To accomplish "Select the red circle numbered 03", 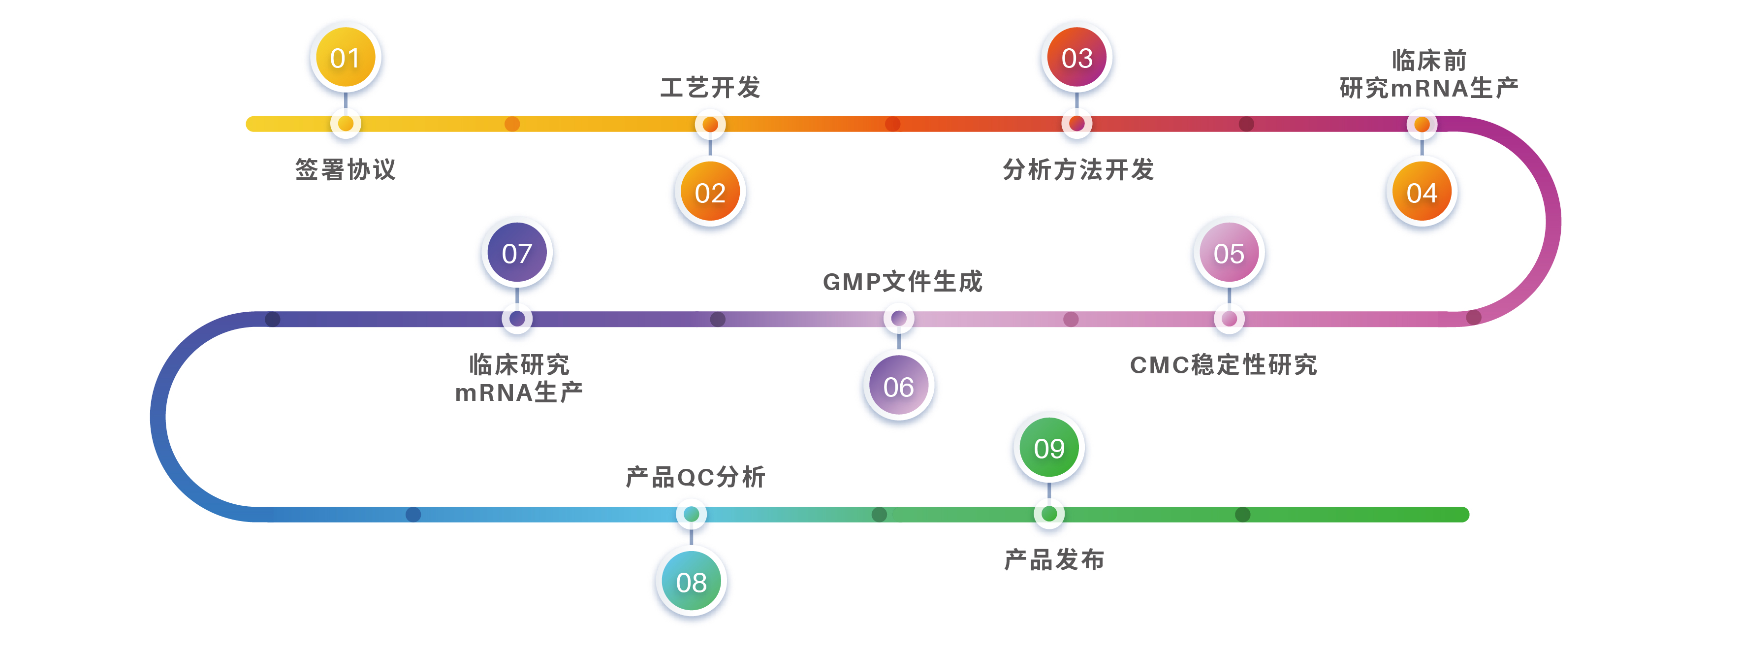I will coord(1076,58).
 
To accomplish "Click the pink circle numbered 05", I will coord(1229,254).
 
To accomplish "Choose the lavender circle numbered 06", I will coord(898,387).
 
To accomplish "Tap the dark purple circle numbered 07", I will coord(517,254).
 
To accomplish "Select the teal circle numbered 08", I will coord(691,582).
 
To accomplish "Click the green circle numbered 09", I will coord(1049,448).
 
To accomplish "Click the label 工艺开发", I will coord(710,87).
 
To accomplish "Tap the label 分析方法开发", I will coord(1078,169).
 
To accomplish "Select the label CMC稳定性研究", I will coord(1223,364).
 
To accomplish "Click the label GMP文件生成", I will coord(902,281).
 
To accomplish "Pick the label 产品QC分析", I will coord(695,477).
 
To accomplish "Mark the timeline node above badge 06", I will coord(898,318).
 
